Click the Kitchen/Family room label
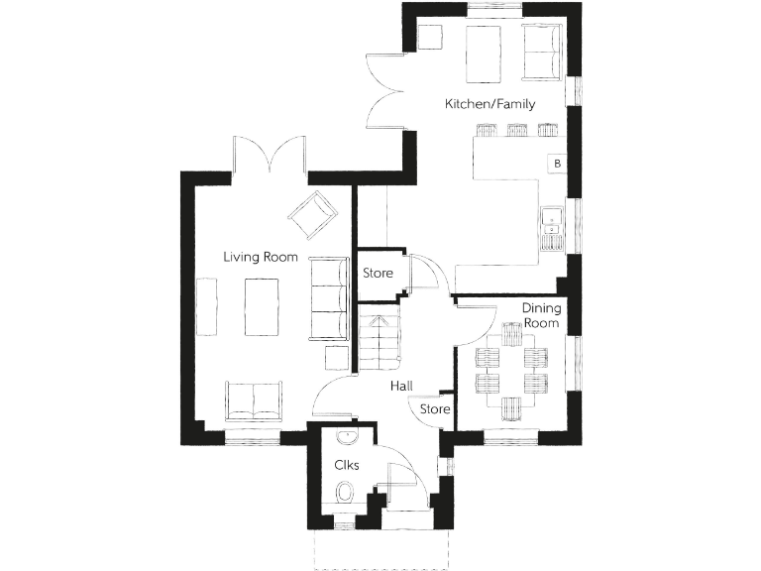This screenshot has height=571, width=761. click(489, 104)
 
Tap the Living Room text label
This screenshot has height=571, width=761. click(261, 257)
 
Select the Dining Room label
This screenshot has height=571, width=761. click(541, 315)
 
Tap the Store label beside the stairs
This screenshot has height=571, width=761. click(378, 273)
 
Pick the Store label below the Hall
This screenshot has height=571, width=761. click(436, 409)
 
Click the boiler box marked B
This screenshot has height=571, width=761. click(558, 163)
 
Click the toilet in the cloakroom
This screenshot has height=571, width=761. click(345, 492)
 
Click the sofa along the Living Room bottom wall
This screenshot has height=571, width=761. click(253, 399)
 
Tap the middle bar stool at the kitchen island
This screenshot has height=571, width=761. click(517, 130)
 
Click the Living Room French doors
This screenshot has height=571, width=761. click(270, 156)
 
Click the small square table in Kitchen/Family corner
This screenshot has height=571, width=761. click(429, 37)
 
